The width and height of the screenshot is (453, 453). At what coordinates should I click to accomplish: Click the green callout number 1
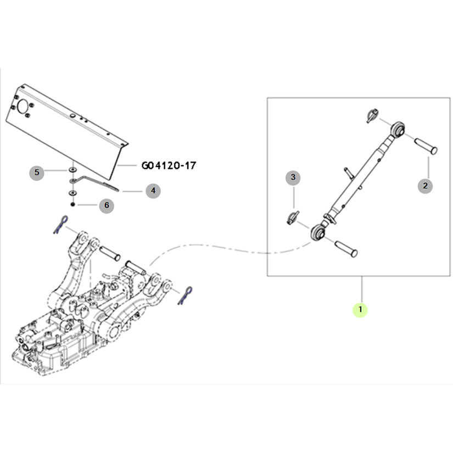click(360, 310)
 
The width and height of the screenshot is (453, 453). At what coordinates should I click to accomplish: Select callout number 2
click(424, 186)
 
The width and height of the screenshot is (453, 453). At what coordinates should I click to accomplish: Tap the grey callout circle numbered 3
click(293, 177)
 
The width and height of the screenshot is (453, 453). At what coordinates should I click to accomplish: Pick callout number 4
click(153, 191)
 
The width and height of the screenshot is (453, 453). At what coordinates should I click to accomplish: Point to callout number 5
click(37, 172)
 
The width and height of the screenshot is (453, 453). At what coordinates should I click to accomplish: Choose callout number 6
click(107, 205)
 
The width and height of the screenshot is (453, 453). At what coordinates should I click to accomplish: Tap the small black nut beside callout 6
click(72, 204)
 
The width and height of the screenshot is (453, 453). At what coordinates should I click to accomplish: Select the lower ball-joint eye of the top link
click(318, 233)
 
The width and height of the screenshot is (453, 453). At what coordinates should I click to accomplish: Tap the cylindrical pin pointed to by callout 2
click(425, 146)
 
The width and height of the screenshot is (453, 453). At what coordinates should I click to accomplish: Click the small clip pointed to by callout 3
click(292, 217)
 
